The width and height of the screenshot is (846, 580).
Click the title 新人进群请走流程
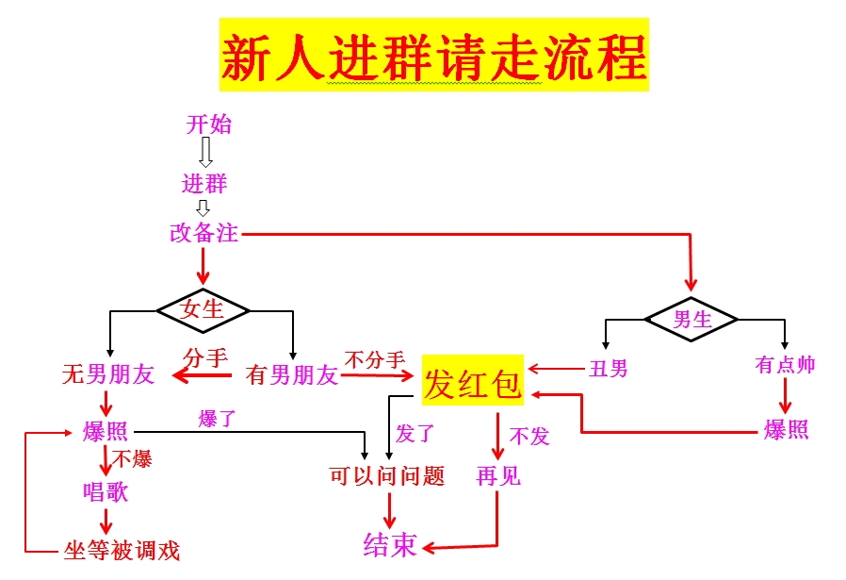click(x=433, y=56)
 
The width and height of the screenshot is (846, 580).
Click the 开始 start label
click(x=209, y=124)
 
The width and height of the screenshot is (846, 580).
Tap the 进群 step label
click(x=204, y=184)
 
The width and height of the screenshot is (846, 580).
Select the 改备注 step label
click(x=203, y=233)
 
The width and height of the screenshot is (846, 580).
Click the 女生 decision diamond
click(x=203, y=310)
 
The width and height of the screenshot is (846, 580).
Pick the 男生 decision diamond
click(x=691, y=319)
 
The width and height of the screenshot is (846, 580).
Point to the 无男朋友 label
click(x=108, y=374)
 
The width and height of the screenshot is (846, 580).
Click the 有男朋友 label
click(x=292, y=375)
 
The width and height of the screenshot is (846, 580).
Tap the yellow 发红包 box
click(x=473, y=380)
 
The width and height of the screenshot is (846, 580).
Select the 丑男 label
click(x=609, y=369)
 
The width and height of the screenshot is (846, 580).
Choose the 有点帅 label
click(x=785, y=365)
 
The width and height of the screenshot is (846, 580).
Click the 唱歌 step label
click(x=106, y=491)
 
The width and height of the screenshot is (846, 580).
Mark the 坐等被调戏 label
click(x=122, y=551)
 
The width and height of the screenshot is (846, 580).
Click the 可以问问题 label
click(x=387, y=475)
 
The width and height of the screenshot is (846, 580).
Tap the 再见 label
click(x=498, y=475)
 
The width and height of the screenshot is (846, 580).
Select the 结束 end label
click(x=390, y=544)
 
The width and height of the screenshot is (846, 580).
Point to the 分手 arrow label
click(x=205, y=357)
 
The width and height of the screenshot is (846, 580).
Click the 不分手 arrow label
click(x=375, y=359)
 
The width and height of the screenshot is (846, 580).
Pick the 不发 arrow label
click(x=529, y=436)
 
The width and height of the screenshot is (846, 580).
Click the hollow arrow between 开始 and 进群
click(x=205, y=152)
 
